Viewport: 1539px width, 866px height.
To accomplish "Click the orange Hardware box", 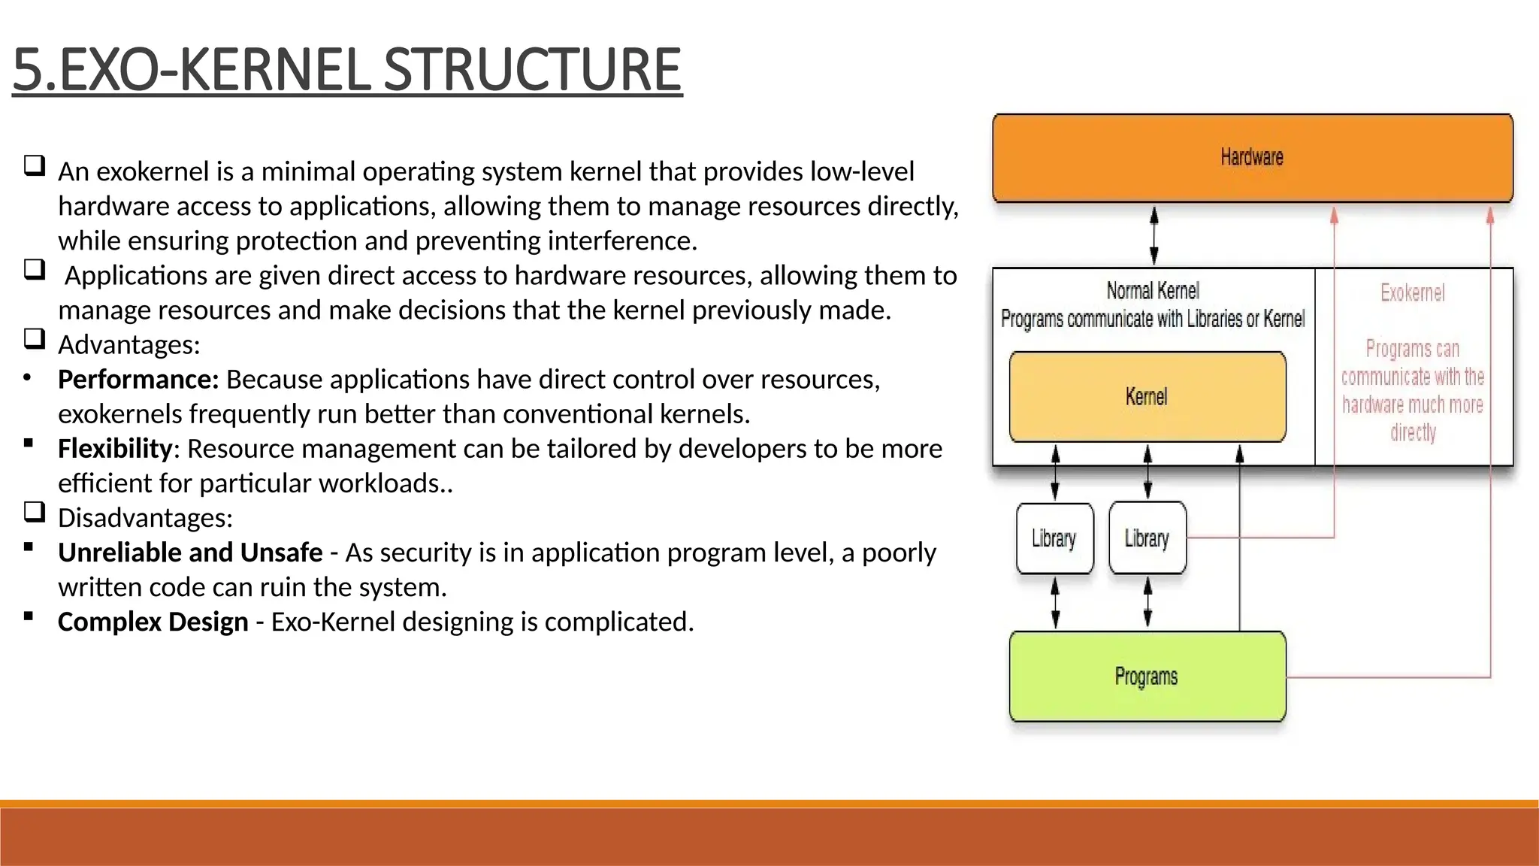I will (1252, 158).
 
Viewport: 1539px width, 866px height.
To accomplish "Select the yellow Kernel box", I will (1147, 397).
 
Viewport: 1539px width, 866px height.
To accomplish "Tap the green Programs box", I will (1147, 677).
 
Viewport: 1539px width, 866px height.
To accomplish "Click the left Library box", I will (1054, 539).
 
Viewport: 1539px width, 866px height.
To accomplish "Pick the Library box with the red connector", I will (1147, 539).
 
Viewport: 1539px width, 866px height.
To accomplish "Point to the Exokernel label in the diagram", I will (1412, 293).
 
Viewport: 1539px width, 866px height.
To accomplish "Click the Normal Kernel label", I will (1153, 291).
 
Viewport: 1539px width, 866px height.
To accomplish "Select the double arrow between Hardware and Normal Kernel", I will (1154, 235).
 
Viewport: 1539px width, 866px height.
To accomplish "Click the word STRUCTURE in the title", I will (532, 70).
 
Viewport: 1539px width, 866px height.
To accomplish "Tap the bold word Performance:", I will (138, 380).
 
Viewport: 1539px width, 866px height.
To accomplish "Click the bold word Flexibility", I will (115, 449).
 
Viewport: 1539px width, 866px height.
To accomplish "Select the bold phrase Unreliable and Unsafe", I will (190, 553).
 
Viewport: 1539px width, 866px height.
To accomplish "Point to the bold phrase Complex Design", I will (153, 622).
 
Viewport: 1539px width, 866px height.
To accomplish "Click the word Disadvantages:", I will (145, 518).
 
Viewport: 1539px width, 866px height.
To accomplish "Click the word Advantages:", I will (129, 345).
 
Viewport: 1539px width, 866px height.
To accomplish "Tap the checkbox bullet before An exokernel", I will (35, 165).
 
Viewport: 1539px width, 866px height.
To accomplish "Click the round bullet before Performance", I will (28, 377).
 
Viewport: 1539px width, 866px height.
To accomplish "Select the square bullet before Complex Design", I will (29, 616).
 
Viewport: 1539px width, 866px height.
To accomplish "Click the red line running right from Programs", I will (1390, 677).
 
